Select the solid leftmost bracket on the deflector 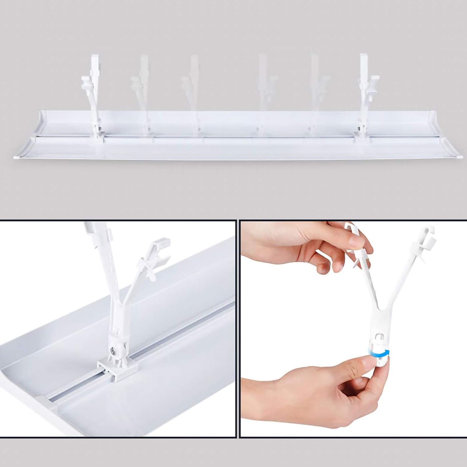pos(92,94)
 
